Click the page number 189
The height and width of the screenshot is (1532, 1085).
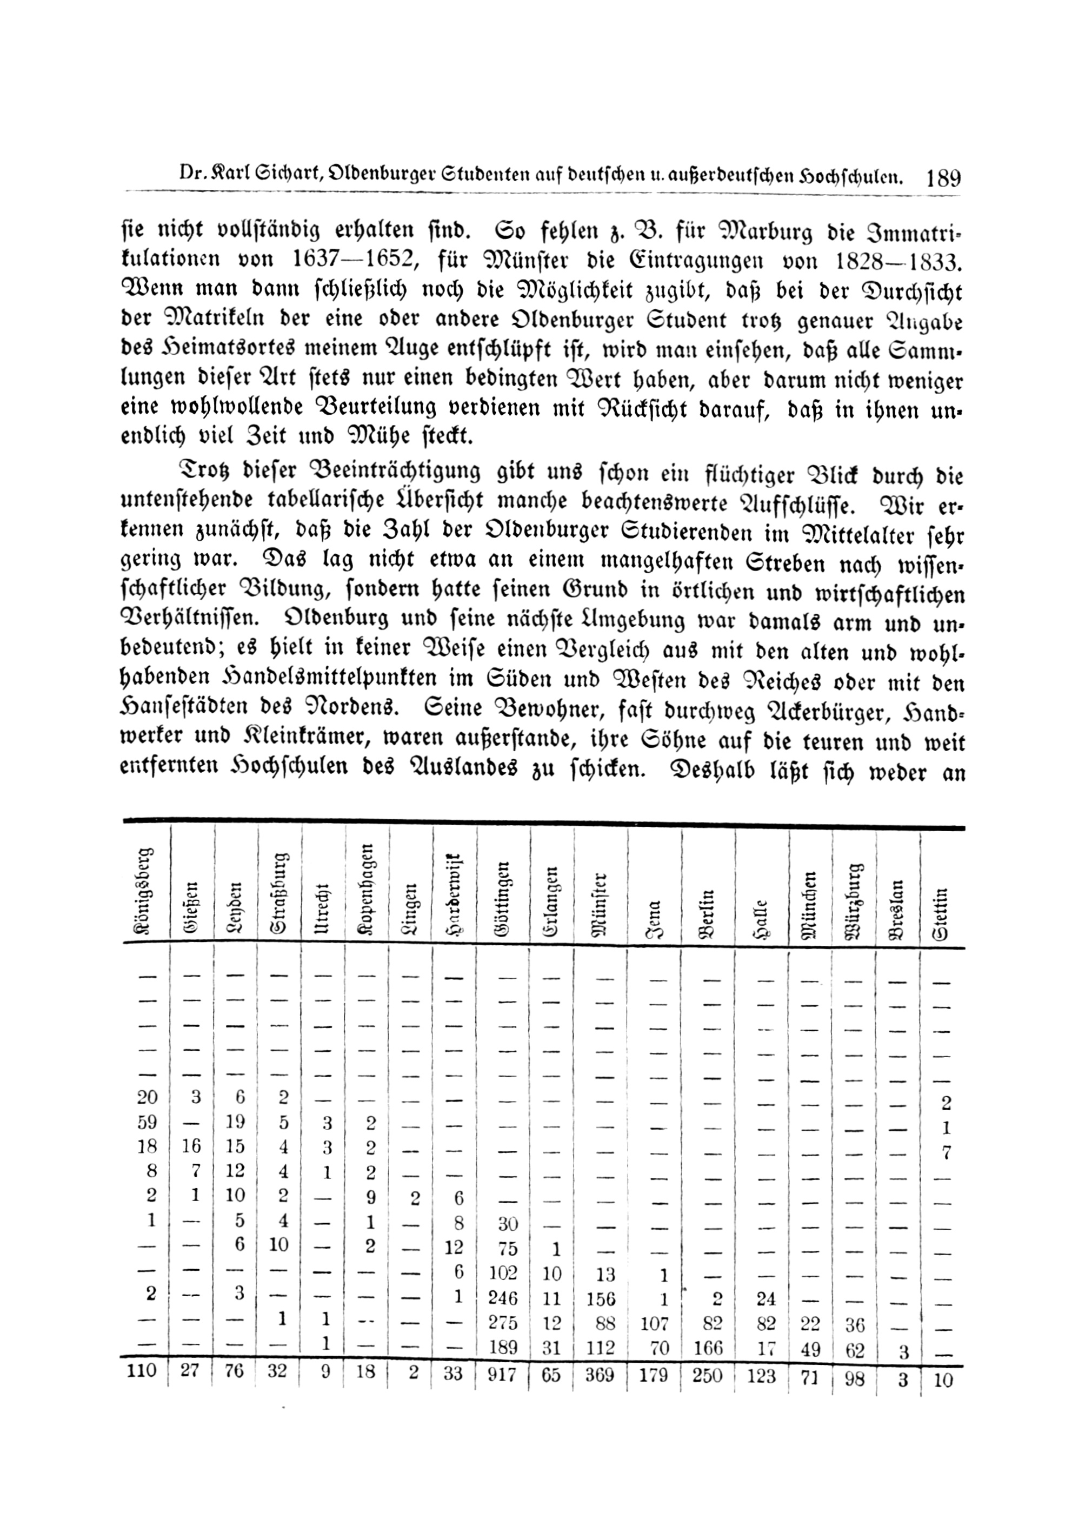[x=943, y=178]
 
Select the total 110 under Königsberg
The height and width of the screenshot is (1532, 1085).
[x=141, y=1370]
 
